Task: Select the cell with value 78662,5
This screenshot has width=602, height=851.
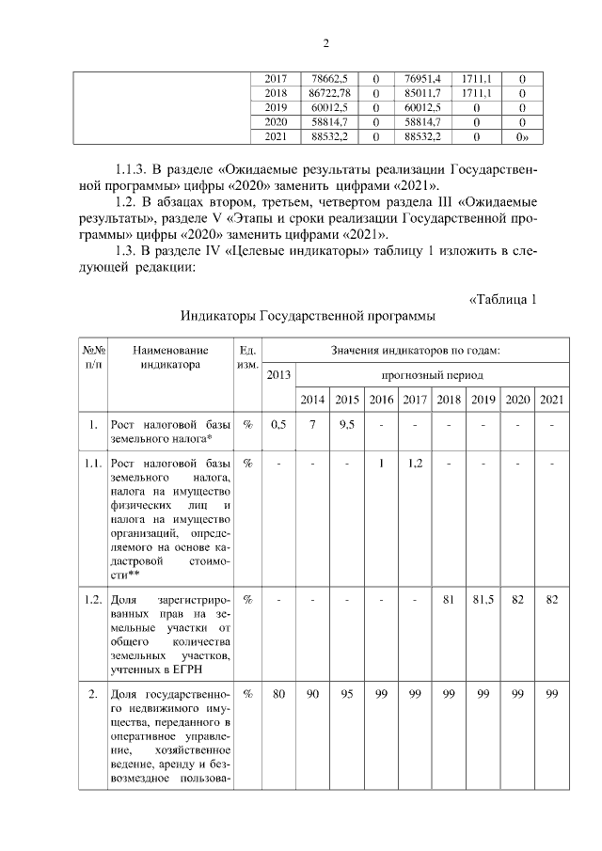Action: tap(326, 79)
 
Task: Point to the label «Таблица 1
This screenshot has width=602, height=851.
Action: tap(502, 300)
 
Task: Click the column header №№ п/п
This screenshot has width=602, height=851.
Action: tap(93, 357)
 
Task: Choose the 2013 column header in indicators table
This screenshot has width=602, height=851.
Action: tap(277, 375)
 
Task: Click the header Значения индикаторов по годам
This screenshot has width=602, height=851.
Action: tap(415, 350)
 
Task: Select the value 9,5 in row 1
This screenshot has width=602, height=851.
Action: tap(346, 425)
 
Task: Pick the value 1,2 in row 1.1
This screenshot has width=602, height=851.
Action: tap(415, 464)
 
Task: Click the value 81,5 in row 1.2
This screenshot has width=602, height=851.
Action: tap(483, 600)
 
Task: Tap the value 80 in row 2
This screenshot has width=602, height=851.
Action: tap(277, 695)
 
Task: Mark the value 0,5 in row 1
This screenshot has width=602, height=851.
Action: tap(277, 425)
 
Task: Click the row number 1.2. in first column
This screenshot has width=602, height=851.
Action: tap(93, 600)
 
